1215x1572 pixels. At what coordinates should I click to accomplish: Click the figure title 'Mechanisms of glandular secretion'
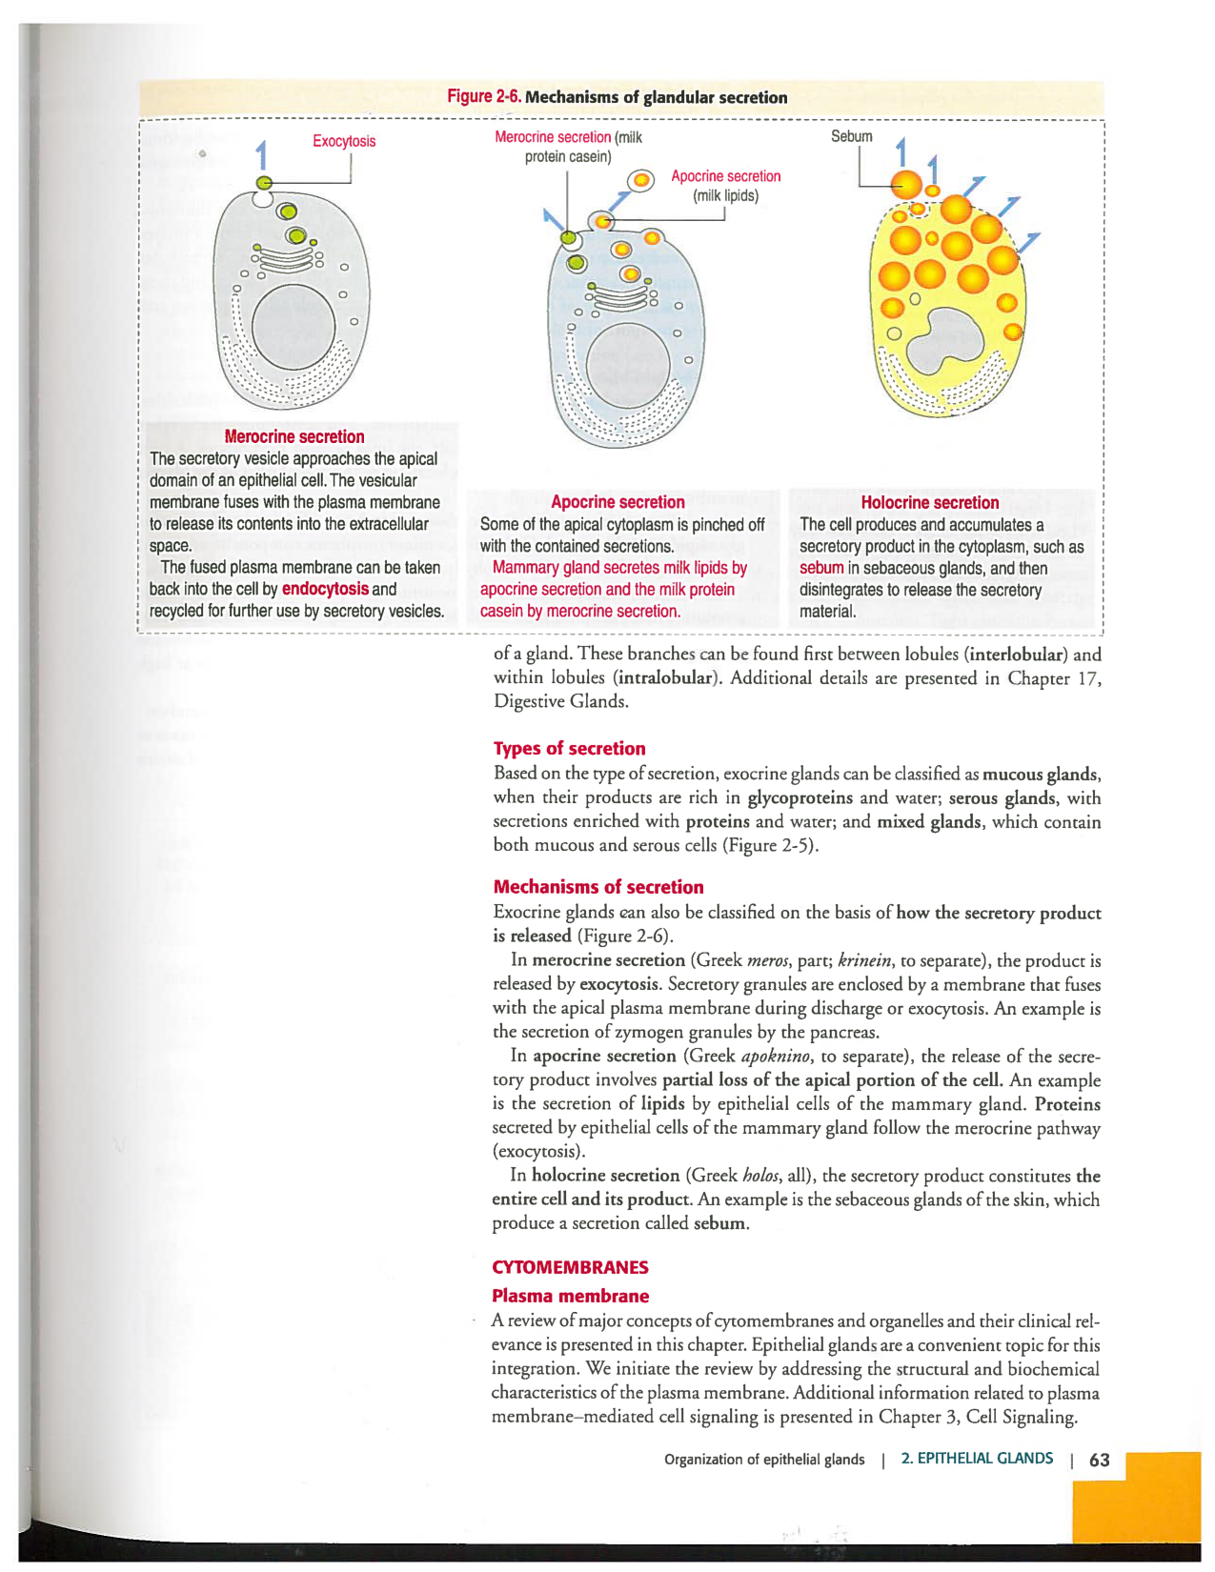[x=656, y=97]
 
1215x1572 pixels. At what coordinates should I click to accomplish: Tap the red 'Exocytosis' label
[x=344, y=141]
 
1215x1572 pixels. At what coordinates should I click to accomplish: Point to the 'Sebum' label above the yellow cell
[x=851, y=136]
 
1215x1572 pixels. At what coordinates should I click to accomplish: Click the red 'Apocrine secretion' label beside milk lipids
[x=725, y=176]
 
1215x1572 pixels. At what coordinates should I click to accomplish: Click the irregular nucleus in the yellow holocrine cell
[x=943, y=343]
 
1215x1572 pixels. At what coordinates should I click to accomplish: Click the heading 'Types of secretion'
[x=569, y=748]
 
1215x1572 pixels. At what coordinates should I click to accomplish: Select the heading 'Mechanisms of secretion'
[x=598, y=887]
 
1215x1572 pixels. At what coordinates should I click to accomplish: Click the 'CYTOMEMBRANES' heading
[x=570, y=1267]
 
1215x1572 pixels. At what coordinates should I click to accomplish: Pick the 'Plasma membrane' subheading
[x=570, y=1296]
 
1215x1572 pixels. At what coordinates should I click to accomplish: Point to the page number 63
[x=1099, y=1460]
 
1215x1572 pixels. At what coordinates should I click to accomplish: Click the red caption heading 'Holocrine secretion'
[x=929, y=502]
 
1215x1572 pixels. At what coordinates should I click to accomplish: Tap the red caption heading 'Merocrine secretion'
[x=294, y=436]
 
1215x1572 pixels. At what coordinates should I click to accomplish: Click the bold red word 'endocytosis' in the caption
[x=325, y=589]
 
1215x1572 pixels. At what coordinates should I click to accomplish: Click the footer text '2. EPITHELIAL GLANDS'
[x=977, y=1459]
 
